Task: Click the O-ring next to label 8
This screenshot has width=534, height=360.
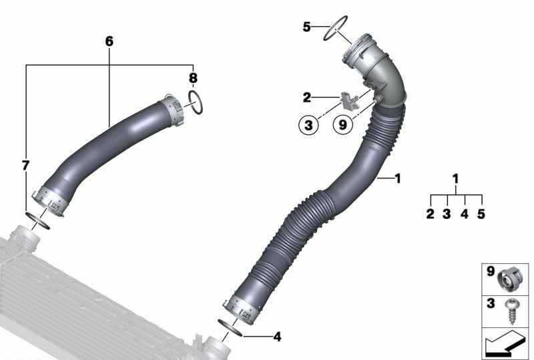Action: click(196, 103)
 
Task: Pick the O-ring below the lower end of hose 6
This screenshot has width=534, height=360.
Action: click(39, 220)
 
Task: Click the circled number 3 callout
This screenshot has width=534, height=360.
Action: click(309, 125)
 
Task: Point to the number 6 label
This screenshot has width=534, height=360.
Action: click(109, 41)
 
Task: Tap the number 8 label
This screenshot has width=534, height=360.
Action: click(192, 78)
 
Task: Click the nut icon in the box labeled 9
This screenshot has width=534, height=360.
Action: click(511, 279)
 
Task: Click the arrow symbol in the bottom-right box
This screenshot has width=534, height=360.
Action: click(505, 345)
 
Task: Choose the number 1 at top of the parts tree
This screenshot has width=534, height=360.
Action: click(456, 179)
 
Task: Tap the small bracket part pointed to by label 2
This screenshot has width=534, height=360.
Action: click(349, 100)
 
